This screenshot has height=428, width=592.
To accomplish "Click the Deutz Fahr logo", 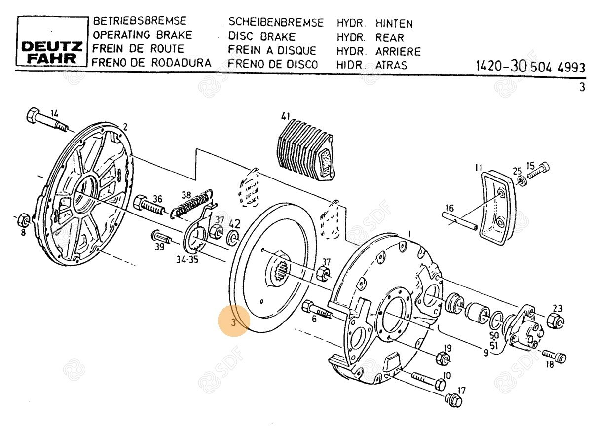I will pos(51,52).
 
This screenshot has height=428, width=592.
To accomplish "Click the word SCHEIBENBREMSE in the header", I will pos(276,23).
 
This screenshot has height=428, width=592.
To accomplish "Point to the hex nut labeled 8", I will pos(23,218).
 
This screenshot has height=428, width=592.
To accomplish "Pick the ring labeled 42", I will pos(232,238).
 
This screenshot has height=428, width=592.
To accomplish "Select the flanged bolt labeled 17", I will pos(452,399).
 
